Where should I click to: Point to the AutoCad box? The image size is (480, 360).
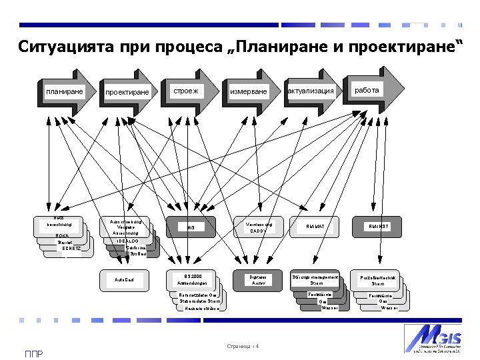[x=124, y=279]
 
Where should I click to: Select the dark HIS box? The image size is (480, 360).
[x=191, y=227]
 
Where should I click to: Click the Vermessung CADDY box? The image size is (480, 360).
[x=257, y=227]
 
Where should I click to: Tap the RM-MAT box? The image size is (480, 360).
[x=315, y=227]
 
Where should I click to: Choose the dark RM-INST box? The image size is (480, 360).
[x=378, y=227]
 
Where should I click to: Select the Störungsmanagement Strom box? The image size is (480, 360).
[x=316, y=279]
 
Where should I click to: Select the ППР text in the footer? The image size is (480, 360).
[x=33, y=353]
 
